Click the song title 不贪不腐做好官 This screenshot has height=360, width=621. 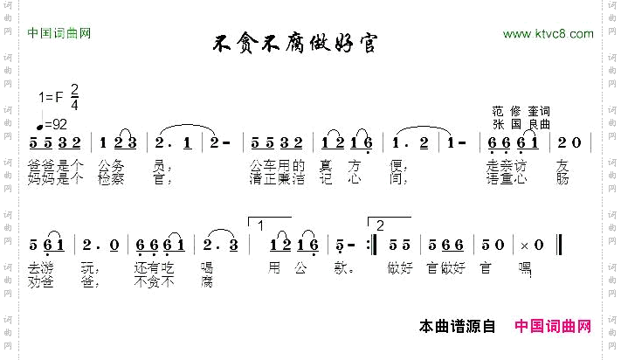(x=296, y=43)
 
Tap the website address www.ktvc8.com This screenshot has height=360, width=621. (x=549, y=34)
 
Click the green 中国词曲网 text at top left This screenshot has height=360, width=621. (x=59, y=34)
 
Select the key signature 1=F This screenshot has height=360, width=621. (x=52, y=97)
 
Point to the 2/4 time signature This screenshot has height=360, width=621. (x=74, y=96)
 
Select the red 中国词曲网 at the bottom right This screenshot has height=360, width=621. (x=553, y=327)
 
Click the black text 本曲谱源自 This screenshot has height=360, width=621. (x=458, y=327)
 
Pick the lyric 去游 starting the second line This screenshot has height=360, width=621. (x=42, y=268)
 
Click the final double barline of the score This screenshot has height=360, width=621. (x=558, y=246)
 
